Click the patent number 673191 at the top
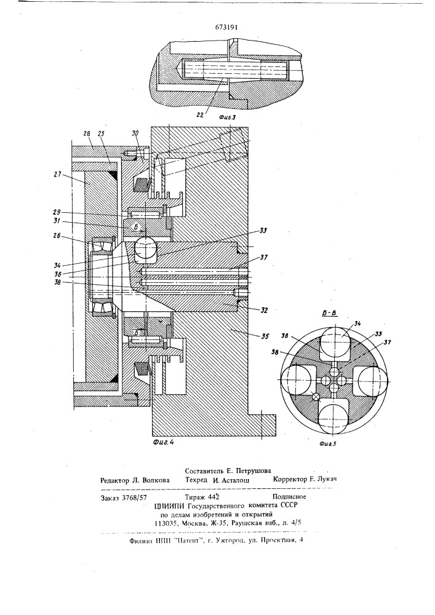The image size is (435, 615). pos(218,27)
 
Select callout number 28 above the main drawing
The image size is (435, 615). pos(86,133)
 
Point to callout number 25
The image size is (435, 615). pos(101,133)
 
